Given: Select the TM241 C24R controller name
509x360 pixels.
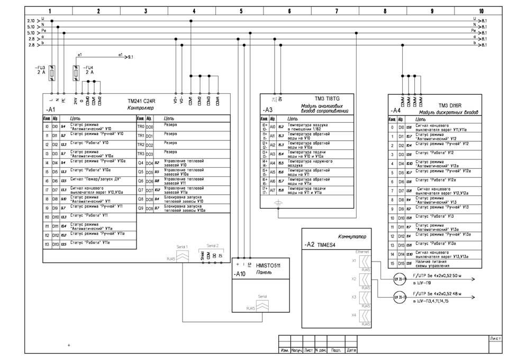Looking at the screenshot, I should click(142, 100).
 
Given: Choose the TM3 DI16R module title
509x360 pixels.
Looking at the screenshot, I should click(451, 105).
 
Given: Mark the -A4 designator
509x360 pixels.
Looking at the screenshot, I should click(395, 110).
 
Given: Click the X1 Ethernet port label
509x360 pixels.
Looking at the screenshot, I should click(354, 260).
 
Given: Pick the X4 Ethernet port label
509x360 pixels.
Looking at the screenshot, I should click(354, 315).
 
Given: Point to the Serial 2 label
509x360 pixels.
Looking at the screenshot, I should click(213, 246).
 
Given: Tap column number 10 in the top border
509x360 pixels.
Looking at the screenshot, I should click(480, 11).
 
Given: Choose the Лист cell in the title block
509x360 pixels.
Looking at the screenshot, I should click(496, 337).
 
